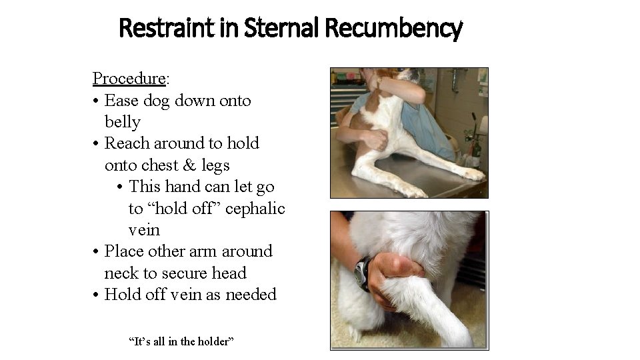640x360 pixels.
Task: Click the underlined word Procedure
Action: (129, 79)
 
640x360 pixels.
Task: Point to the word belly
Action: (123, 122)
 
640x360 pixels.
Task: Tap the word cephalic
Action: (255, 209)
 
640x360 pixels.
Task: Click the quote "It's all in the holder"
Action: (181, 342)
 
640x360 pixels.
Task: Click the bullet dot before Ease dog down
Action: (97, 101)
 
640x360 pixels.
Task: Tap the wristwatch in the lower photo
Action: (363, 273)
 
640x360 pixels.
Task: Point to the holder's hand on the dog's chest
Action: (374, 139)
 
